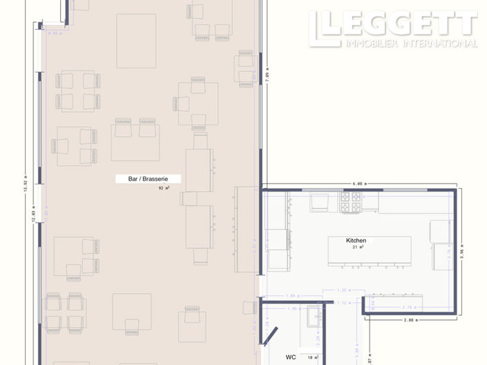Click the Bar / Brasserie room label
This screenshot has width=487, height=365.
[x=146, y=179]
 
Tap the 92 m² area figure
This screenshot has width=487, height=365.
[x=164, y=188]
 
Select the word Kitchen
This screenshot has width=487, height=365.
[x=356, y=241]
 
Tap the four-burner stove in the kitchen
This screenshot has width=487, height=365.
[x=350, y=202]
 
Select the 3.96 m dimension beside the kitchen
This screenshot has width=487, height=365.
[x=461, y=250]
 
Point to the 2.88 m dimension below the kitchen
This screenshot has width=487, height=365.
[x=412, y=321]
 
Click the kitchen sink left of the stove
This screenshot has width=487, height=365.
[x=321, y=202]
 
